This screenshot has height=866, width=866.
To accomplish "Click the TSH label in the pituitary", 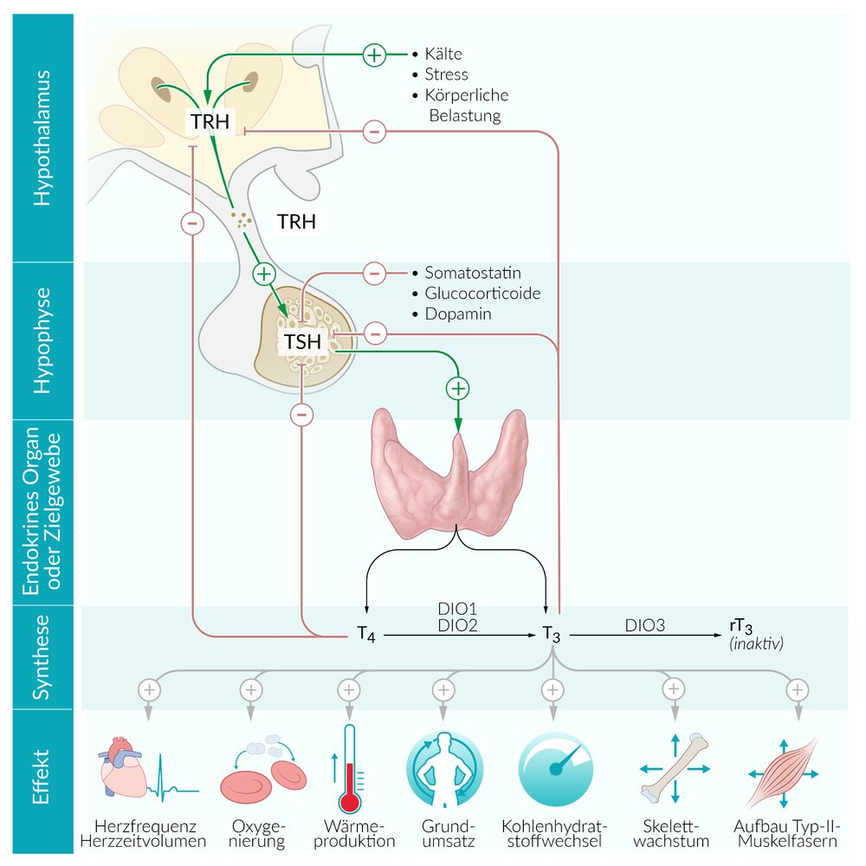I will tap(302, 342).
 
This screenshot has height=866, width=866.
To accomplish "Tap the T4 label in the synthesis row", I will tap(367, 635).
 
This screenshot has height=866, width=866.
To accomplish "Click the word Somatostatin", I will tap(473, 273).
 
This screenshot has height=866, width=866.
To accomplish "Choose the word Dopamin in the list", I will tap(457, 313).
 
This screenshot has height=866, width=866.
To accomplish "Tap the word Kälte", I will tap(444, 55).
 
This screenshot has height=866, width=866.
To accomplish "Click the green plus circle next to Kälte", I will tap(373, 55).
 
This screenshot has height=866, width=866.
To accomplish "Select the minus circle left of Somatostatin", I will tap(373, 273).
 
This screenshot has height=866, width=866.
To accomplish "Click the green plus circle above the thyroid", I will tap(458, 388).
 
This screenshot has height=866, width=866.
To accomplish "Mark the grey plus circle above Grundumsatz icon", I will tap(443, 690).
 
